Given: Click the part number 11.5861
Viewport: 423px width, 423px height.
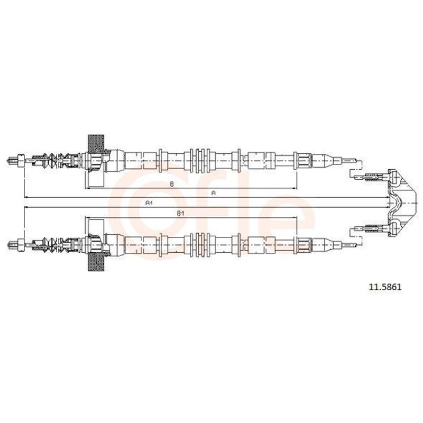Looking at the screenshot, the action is (x=385, y=287).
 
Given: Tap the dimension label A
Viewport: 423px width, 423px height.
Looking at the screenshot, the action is (x=214, y=193).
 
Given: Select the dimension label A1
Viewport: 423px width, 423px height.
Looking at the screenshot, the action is (x=149, y=203).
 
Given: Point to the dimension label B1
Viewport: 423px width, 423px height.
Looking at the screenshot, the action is (x=180, y=214).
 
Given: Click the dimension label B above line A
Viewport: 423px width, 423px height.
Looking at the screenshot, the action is (x=171, y=184).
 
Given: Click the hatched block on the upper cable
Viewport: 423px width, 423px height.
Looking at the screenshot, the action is (x=96, y=143).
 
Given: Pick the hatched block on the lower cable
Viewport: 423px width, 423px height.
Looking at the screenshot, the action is (x=96, y=262).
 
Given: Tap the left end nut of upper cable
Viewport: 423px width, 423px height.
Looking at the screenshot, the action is (x=21, y=161).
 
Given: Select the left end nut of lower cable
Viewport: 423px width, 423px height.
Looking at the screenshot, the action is (x=21, y=245).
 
